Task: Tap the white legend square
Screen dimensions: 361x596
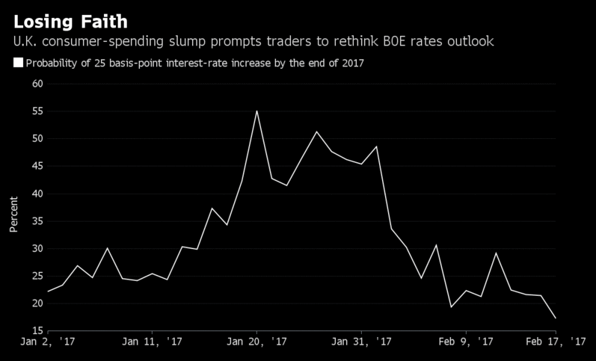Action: (x=19, y=63)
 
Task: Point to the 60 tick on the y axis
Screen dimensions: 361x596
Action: (x=37, y=84)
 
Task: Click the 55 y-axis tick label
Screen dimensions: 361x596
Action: (x=37, y=111)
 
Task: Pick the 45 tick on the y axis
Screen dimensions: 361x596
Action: (x=37, y=166)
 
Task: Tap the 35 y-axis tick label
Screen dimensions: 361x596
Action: (x=37, y=221)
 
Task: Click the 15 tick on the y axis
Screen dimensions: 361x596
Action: (x=37, y=330)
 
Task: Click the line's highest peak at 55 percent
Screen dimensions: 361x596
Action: (x=256, y=111)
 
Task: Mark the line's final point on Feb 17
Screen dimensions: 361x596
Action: (x=555, y=318)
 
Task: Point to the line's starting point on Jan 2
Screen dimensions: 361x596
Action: (x=48, y=291)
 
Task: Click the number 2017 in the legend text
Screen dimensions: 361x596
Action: (x=351, y=63)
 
